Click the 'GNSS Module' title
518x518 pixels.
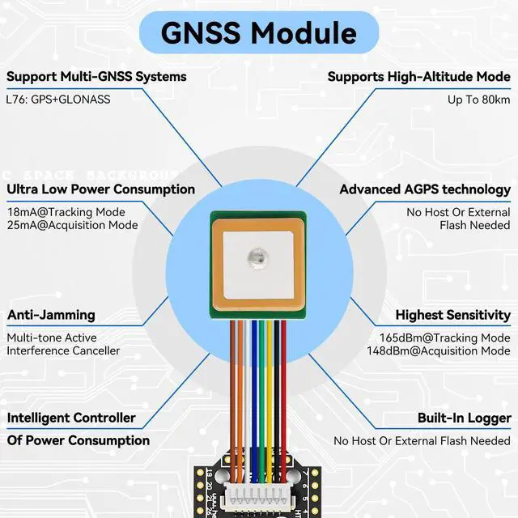tap(258, 32)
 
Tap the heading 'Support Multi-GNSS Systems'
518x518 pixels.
tap(96, 77)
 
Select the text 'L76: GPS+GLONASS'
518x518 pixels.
tap(58, 100)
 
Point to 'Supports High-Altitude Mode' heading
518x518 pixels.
tap(418, 77)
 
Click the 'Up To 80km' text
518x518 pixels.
tap(478, 100)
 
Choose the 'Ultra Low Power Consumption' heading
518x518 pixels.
tap(101, 189)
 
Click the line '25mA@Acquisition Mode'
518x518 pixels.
tap(72, 225)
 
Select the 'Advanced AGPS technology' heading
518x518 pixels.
tap(425, 189)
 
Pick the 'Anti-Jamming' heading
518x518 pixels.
tap(51, 315)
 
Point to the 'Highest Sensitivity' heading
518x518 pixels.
tap(452, 315)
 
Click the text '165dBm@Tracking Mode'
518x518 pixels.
tap(445, 338)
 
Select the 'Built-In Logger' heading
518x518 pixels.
tap(464, 418)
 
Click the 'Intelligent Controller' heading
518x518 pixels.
tap(71, 418)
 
